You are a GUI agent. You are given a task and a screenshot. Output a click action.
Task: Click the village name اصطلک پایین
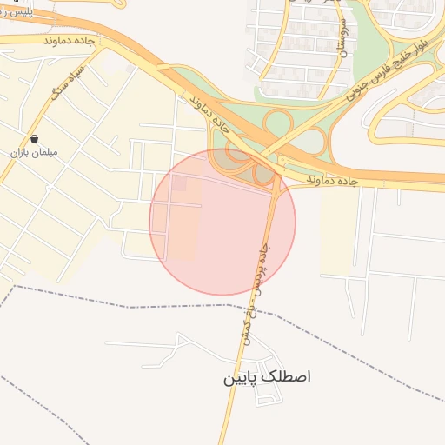(x=267, y=377)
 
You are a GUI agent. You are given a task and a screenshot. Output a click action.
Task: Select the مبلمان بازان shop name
(x=33, y=152)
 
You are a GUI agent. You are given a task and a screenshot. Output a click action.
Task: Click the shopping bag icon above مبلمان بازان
(x=33, y=138)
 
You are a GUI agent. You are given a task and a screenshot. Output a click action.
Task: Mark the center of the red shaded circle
(x=222, y=222)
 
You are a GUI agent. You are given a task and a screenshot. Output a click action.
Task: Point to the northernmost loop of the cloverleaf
(x=279, y=122)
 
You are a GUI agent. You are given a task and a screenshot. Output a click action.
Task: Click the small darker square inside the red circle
(x=179, y=183)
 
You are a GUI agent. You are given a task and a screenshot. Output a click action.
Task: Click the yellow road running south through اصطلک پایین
(x=231, y=408)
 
